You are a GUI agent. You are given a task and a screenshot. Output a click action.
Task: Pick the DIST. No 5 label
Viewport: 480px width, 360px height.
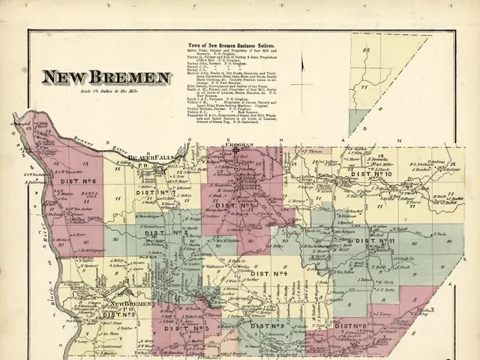(190, 329)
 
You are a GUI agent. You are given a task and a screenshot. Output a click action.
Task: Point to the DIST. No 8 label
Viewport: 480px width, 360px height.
(351, 325)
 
